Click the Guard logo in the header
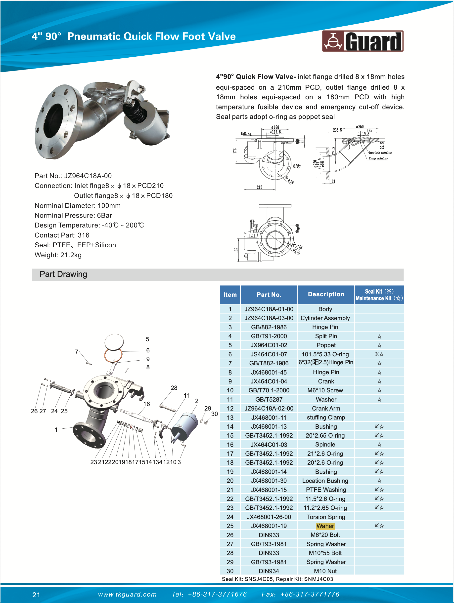click(363, 41)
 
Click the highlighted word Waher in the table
click(325, 526)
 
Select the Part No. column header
click(269, 295)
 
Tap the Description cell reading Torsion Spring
click(326, 517)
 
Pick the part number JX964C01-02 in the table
click(269, 345)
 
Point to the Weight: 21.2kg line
click(58, 255)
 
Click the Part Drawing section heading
click(63, 274)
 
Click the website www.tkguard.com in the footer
click(127, 594)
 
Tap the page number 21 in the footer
click(36, 595)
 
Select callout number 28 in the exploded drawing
click(174, 388)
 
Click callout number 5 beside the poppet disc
click(147, 339)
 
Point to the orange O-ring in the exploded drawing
click(113, 356)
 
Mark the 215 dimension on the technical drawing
click(260, 187)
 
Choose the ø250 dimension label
click(360, 127)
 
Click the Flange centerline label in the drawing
click(378, 158)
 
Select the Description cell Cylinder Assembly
click(325, 318)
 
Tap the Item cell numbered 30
click(230, 571)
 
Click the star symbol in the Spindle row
click(379, 445)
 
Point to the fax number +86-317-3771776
click(310, 594)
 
